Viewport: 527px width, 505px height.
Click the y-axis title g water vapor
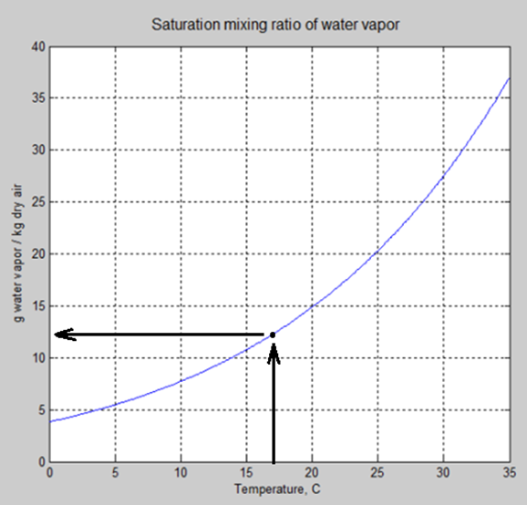pos(17,254)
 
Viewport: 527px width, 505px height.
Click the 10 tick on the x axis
pos(181,475)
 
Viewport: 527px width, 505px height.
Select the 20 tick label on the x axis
pos(312,475)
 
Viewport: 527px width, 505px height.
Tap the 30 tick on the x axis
pos(443,475)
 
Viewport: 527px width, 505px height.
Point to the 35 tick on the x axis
pos(508,475)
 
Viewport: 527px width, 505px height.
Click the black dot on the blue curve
pos(273,335)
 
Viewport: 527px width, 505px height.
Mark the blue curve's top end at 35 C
pos(509,77)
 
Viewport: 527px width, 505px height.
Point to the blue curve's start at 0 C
pos(49,421)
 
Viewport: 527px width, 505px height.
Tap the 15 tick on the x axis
pos(246,475)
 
